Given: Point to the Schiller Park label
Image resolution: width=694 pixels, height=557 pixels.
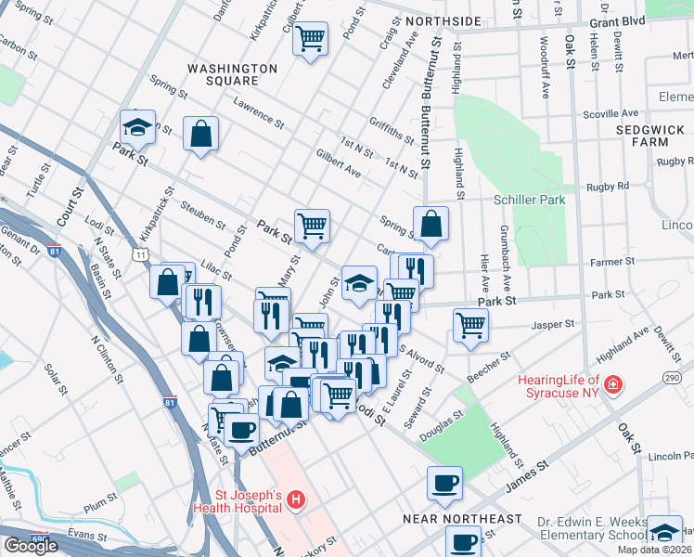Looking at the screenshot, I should (x=529, y=200).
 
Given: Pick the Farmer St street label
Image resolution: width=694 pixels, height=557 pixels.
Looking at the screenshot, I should (x=613, y=262).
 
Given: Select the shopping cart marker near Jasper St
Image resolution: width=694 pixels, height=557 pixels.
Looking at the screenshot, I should (x=470, y=324).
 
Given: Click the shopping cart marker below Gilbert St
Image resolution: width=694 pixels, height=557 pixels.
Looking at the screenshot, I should (x=311, y=38).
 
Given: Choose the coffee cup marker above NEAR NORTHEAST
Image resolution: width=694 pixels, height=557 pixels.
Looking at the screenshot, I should (x=444, y=482).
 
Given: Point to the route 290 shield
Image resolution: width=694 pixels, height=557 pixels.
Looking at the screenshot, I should (x=672, y=377).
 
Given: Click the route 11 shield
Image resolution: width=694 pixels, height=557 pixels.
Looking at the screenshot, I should (x=139, y=253).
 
